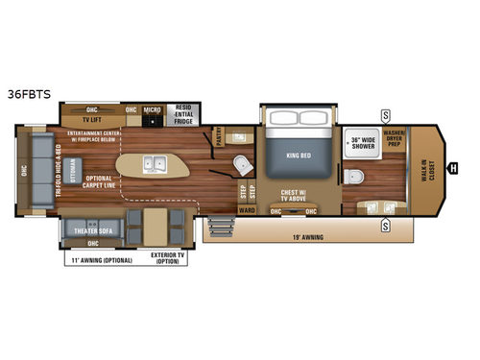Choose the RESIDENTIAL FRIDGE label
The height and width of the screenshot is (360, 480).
(182, 112)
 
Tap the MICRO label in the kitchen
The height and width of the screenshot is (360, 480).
(151, 109)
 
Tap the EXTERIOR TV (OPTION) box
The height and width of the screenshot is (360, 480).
(169, 258)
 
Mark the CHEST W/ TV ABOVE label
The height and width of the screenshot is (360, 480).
(296, 196)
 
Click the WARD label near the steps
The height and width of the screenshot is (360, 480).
(246, 209)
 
